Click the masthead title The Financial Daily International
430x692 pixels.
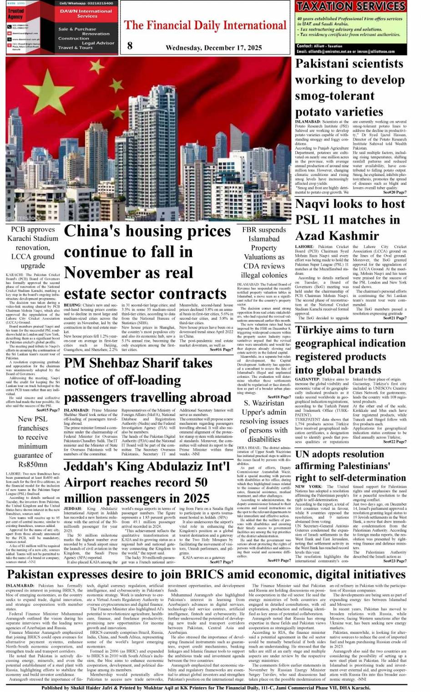[205, 25]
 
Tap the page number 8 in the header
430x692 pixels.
[130, 45]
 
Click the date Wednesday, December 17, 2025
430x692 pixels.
[213, 48]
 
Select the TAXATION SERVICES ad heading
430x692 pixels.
[350, 6]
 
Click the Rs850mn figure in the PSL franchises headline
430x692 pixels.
[32, 465]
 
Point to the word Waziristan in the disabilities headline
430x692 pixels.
[268, 403]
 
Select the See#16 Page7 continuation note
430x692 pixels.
[222, 350]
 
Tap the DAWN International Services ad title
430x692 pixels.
[86, 13]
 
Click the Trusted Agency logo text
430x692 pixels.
[15, 14]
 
